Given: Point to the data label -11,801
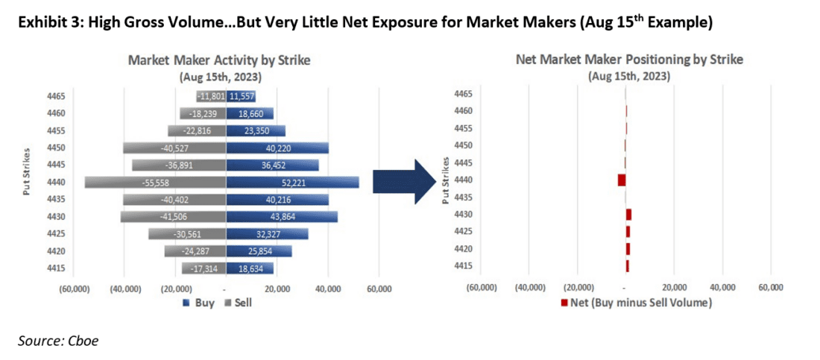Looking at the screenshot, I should (211, 97).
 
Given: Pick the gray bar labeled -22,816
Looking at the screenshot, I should (196, 131).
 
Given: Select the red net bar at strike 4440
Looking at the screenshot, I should (622, 180).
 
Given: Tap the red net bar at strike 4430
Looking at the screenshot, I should (628, 215).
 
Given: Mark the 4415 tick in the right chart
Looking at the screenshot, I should (462, 266).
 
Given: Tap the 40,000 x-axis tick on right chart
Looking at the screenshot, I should (722, 287).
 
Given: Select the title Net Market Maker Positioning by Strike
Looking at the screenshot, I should (628, 60).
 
